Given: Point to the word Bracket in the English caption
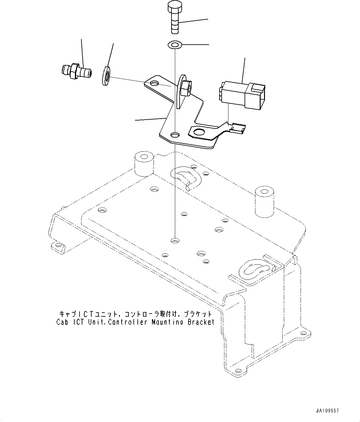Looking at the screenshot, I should [201, 322].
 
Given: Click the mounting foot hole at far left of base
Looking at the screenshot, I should [58, 245].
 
